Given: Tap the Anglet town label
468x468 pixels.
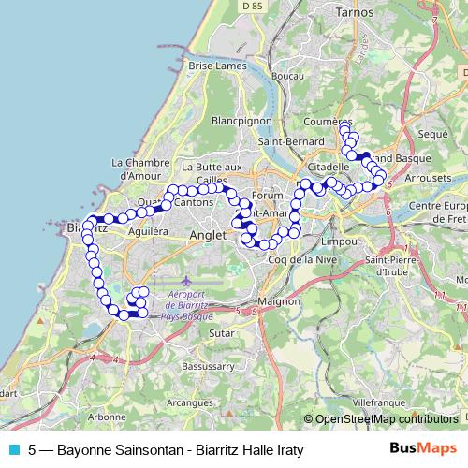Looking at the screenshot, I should (x=208, y=236).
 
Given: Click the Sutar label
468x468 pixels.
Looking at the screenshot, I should (x=221, y=331).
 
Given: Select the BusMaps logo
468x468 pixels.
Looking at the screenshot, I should (x=423, y=449).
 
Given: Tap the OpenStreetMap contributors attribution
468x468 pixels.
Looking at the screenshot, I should (x=385, y=418).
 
